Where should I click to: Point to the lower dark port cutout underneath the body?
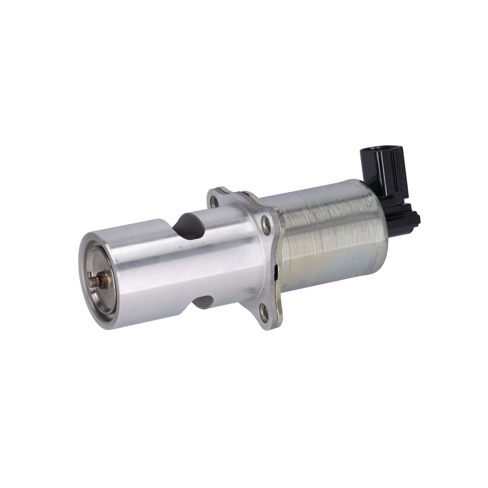point(203,303)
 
